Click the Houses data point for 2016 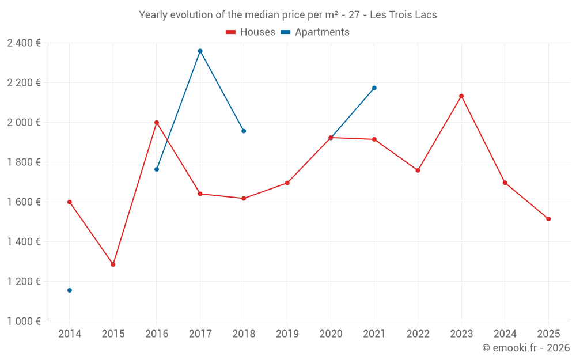point(157,123)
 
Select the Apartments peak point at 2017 point(200,51)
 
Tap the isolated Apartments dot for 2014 point(70,290)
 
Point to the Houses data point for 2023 point(461,96)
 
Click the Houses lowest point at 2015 point(113,264)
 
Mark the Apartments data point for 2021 point(374,88)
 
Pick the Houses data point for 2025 point(548,219)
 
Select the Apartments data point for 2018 point(244,131)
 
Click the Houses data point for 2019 point(287,183)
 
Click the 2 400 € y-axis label point(24,43)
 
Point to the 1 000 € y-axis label point(24,321)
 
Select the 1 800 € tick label point(24,162)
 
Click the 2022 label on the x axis point(418,334)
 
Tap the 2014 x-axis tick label point(70,334)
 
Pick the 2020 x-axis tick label point(331,334)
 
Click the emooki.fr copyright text point(525,348)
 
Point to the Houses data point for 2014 point(70,202)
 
